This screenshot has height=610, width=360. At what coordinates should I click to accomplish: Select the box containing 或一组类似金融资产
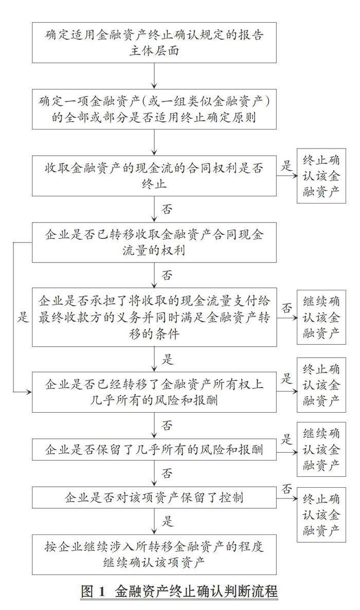tap(154, 110)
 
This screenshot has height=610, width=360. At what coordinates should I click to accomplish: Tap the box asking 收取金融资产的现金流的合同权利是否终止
tap(154, 175)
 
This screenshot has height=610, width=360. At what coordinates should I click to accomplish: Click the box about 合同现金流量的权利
tap(154, 242)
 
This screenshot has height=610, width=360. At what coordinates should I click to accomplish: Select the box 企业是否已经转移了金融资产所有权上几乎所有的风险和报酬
tap(154, 392)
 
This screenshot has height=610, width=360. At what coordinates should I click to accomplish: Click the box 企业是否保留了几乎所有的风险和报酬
tap(154, 450)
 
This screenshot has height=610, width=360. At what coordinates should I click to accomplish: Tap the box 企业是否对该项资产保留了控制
tap(154, 497)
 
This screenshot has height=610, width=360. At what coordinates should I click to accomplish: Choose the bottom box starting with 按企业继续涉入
tap(154, 554)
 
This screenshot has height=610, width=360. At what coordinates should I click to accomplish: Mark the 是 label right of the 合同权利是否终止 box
tap(286, 165)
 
